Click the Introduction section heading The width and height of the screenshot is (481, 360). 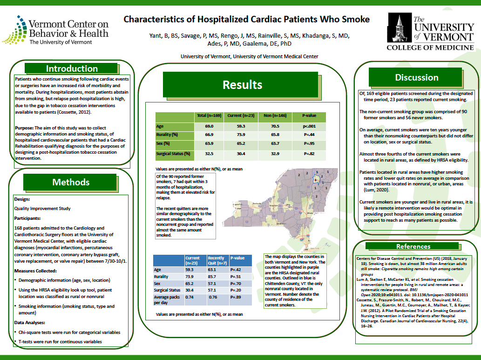pyautogui.click(x=72, y=69)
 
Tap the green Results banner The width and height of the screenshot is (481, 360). pyautogui.click(x=242, y=84)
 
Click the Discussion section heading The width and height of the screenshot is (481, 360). pyautogui.click(x=417, y=77)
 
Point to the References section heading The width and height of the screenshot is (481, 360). pyautogui.click(x=413, y=246)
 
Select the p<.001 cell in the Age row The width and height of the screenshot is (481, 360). pyautogui.click(x=310, y=126)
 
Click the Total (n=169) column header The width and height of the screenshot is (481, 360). pyautogui.click(x=209, y=115)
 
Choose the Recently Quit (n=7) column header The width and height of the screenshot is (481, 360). pyautogui.click(x=216, y=260)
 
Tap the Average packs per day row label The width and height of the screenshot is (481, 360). pyautogui.click(x=168, y=299)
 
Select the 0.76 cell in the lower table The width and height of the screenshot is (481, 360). pyautogui.click(x=213, y=297)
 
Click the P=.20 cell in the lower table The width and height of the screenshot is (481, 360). pyautogui.click(x=237, y=290)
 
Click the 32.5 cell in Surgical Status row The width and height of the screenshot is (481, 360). pyautogui.click(x=209, y=153)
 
